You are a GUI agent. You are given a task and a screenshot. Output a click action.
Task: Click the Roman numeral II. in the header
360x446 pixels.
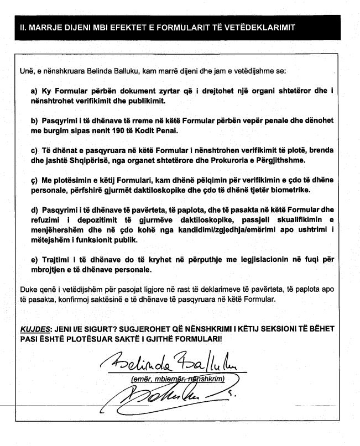(x=23, y=28)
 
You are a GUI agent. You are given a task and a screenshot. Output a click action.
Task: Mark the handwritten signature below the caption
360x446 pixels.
(x=160, y=396)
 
